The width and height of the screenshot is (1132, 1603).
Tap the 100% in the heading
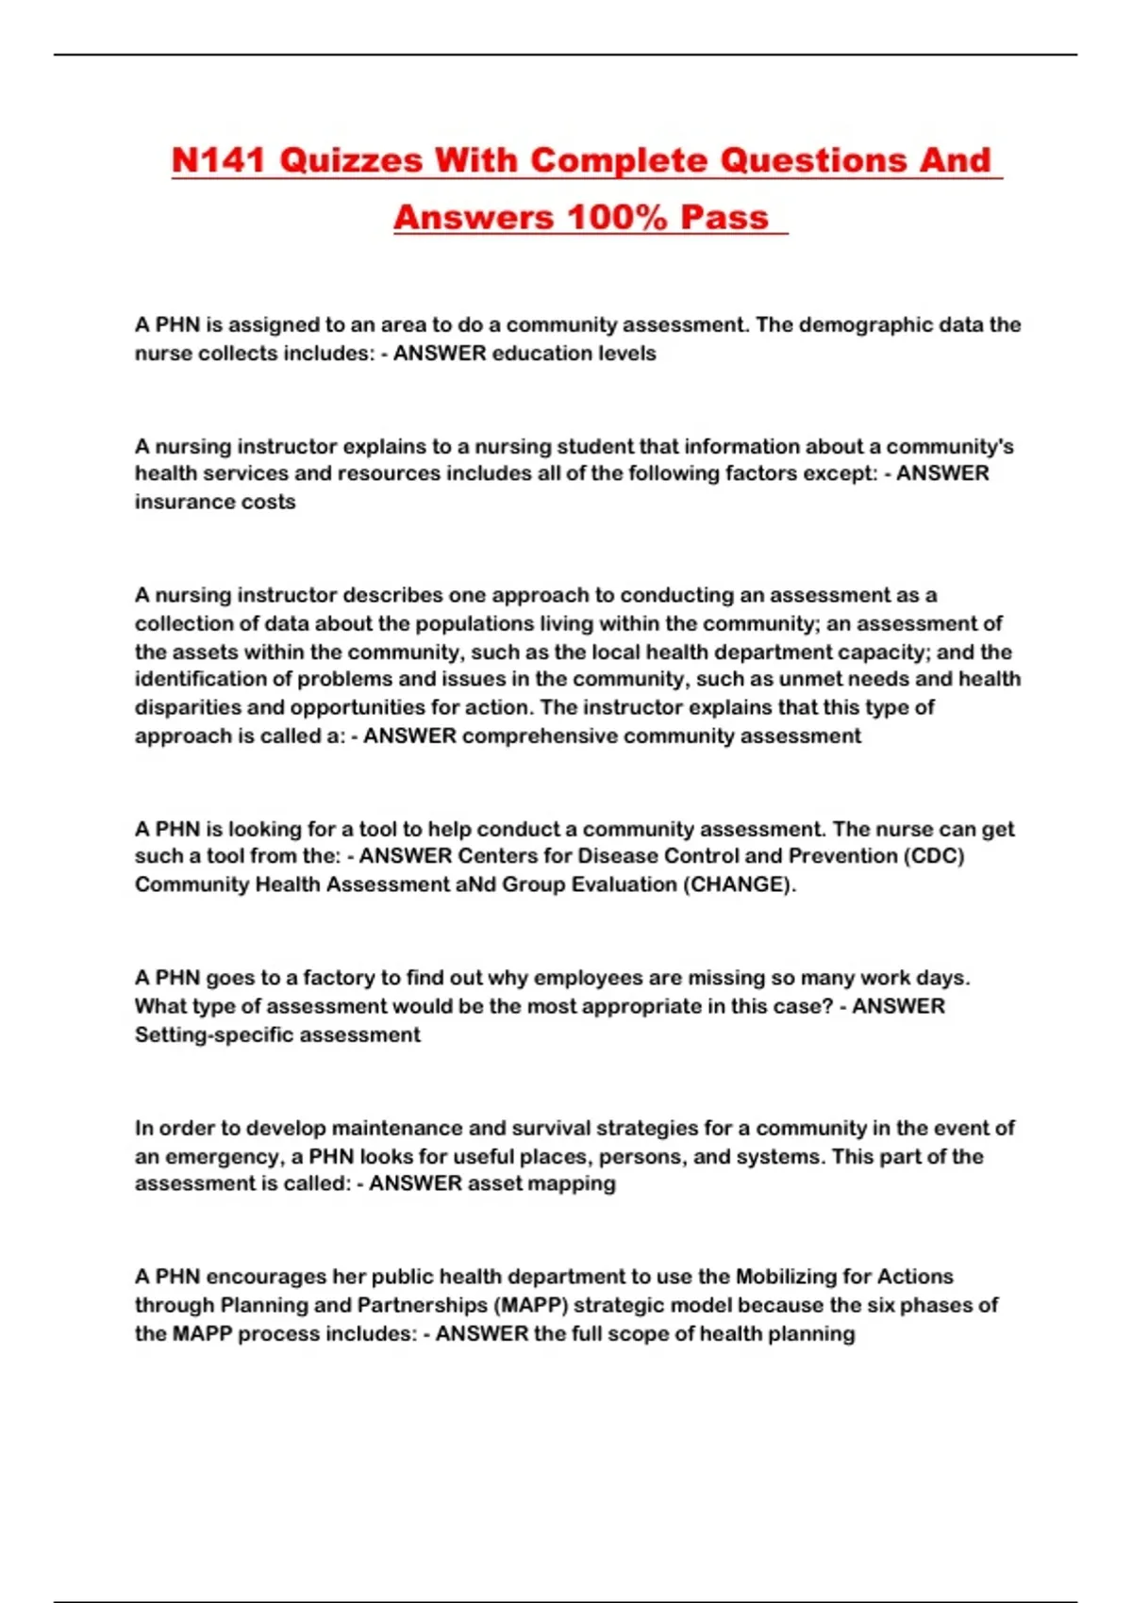click(x=617, y=218)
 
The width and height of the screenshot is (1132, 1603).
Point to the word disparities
click(x=185, y=707)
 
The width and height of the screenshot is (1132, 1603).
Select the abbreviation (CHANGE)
click(x=739, y=884)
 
